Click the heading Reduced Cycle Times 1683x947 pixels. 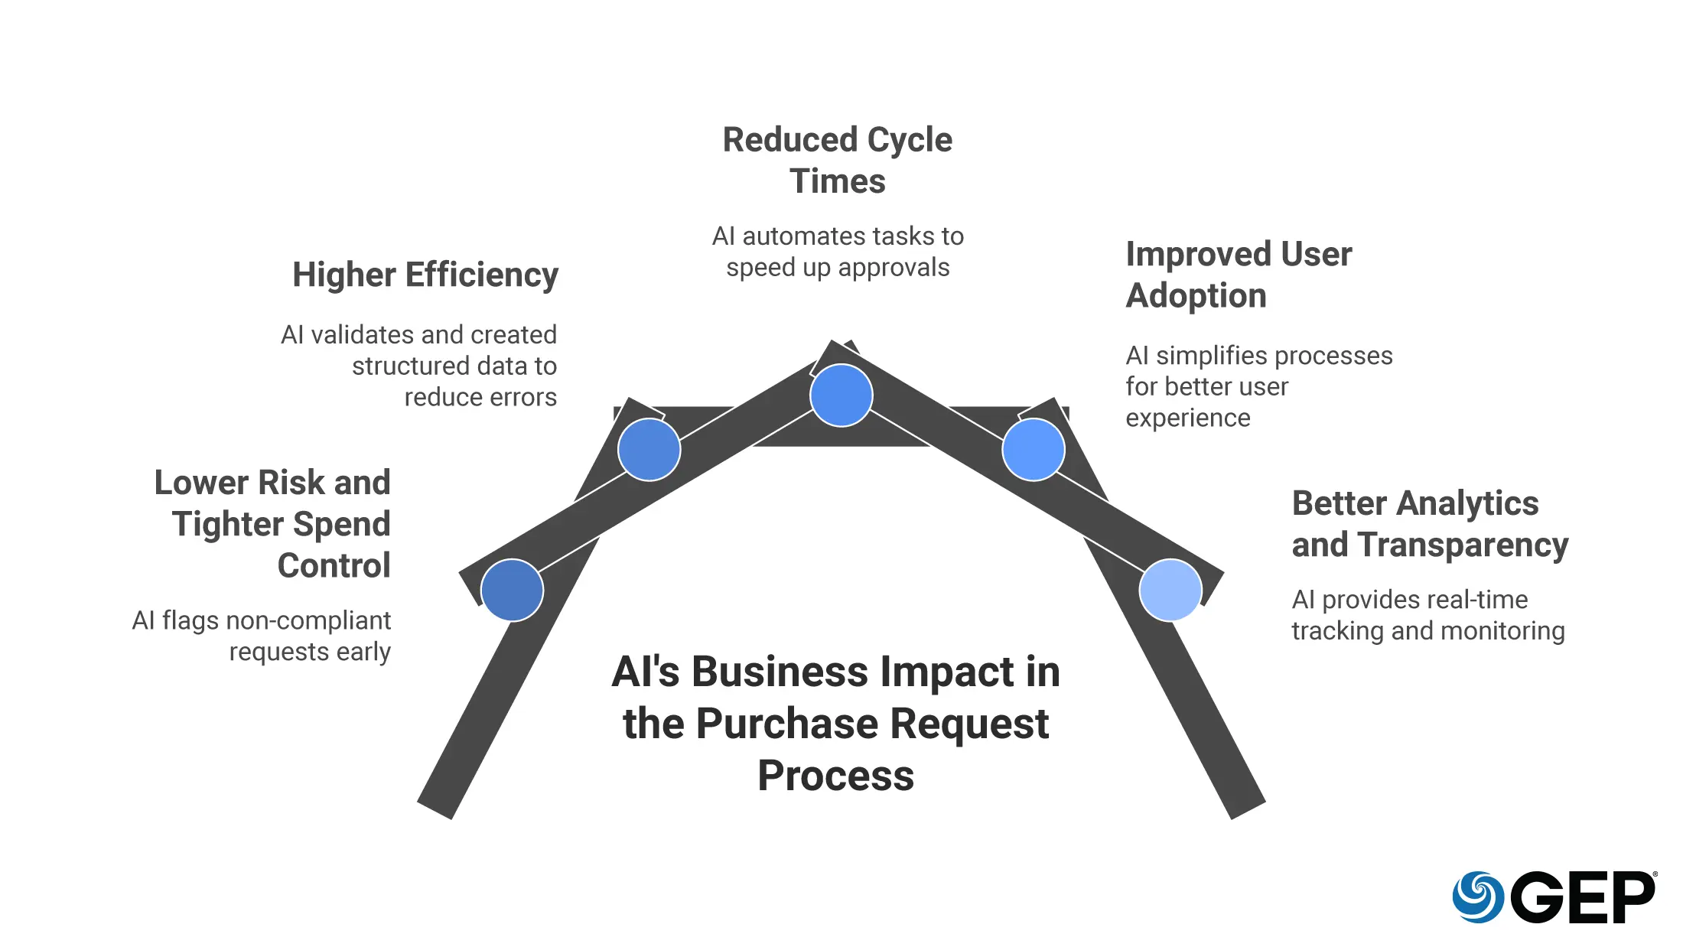point(838,161)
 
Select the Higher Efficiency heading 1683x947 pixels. point(425,275)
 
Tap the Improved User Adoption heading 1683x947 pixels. point(1239,275)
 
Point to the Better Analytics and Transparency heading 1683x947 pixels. point(1429,524)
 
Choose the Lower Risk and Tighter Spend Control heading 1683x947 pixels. point(273,524)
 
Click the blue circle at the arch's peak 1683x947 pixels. point(841,395)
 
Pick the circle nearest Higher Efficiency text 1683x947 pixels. point(649,450)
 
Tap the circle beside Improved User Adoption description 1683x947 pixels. point(1033,450)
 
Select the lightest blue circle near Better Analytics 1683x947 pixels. point(1170,590)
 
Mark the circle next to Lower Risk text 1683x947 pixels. point(512,590)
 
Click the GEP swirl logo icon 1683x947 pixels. point(1478,897)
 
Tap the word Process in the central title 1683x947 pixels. point(835,776)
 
